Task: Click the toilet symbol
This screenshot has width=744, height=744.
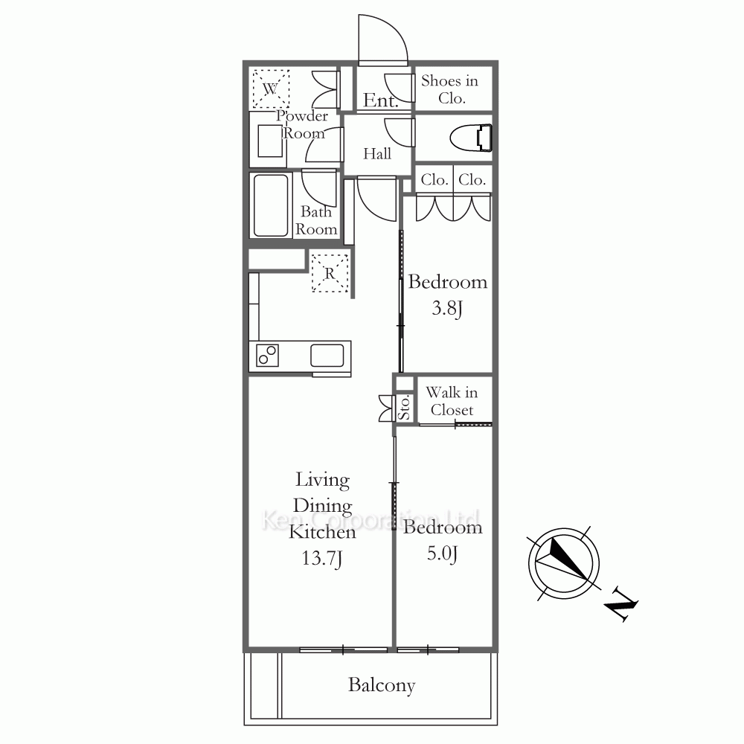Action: [x=471, y=138]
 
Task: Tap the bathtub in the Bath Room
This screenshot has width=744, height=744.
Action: [x=271, y=205]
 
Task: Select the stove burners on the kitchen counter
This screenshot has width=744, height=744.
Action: [x=267, y=356]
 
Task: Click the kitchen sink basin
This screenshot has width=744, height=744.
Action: [x=327, y=356]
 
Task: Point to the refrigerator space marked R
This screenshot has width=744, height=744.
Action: [x=330, y=273]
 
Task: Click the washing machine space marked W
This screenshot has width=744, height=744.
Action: [x=271, y=89]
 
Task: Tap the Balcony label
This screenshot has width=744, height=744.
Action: [x=382, y=685]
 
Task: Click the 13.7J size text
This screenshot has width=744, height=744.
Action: [x=321, y=558]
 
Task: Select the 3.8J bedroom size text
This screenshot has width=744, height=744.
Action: [x=447, y=309]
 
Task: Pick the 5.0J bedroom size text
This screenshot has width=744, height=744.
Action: [x=442, y=554]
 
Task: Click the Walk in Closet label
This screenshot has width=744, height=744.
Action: [x=452, y=401]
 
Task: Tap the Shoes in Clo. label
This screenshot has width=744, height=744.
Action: [x=450, y=89]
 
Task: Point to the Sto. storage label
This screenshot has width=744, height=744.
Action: [x=404, y=408]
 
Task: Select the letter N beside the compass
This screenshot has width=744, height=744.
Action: [x=621, y=603]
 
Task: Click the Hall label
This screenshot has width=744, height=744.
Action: [x=377, y=154]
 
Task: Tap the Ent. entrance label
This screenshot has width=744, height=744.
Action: [x=380, y=100]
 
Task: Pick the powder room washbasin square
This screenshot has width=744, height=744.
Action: [x=271, y=141]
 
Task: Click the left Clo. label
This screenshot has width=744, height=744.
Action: [x=434, y=180]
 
